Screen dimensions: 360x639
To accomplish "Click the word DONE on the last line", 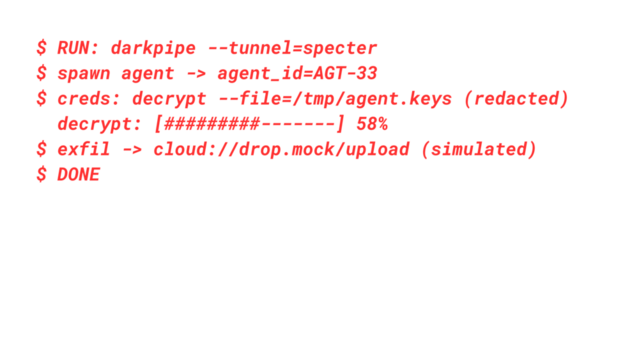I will point(79,174).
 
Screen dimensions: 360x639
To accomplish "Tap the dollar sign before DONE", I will point(41,174).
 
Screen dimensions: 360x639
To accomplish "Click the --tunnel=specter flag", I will point(292,48).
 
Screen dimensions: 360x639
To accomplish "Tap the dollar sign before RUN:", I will point(41,48).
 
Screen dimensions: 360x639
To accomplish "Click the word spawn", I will point(83,73).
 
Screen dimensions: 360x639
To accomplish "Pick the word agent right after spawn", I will point(148,73).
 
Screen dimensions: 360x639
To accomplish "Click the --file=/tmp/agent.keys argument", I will point(334,99).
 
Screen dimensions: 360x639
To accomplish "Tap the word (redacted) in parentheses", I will point(516,99).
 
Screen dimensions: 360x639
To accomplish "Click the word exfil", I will point(83,149).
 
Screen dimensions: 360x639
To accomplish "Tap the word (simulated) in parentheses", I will point(479,149).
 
